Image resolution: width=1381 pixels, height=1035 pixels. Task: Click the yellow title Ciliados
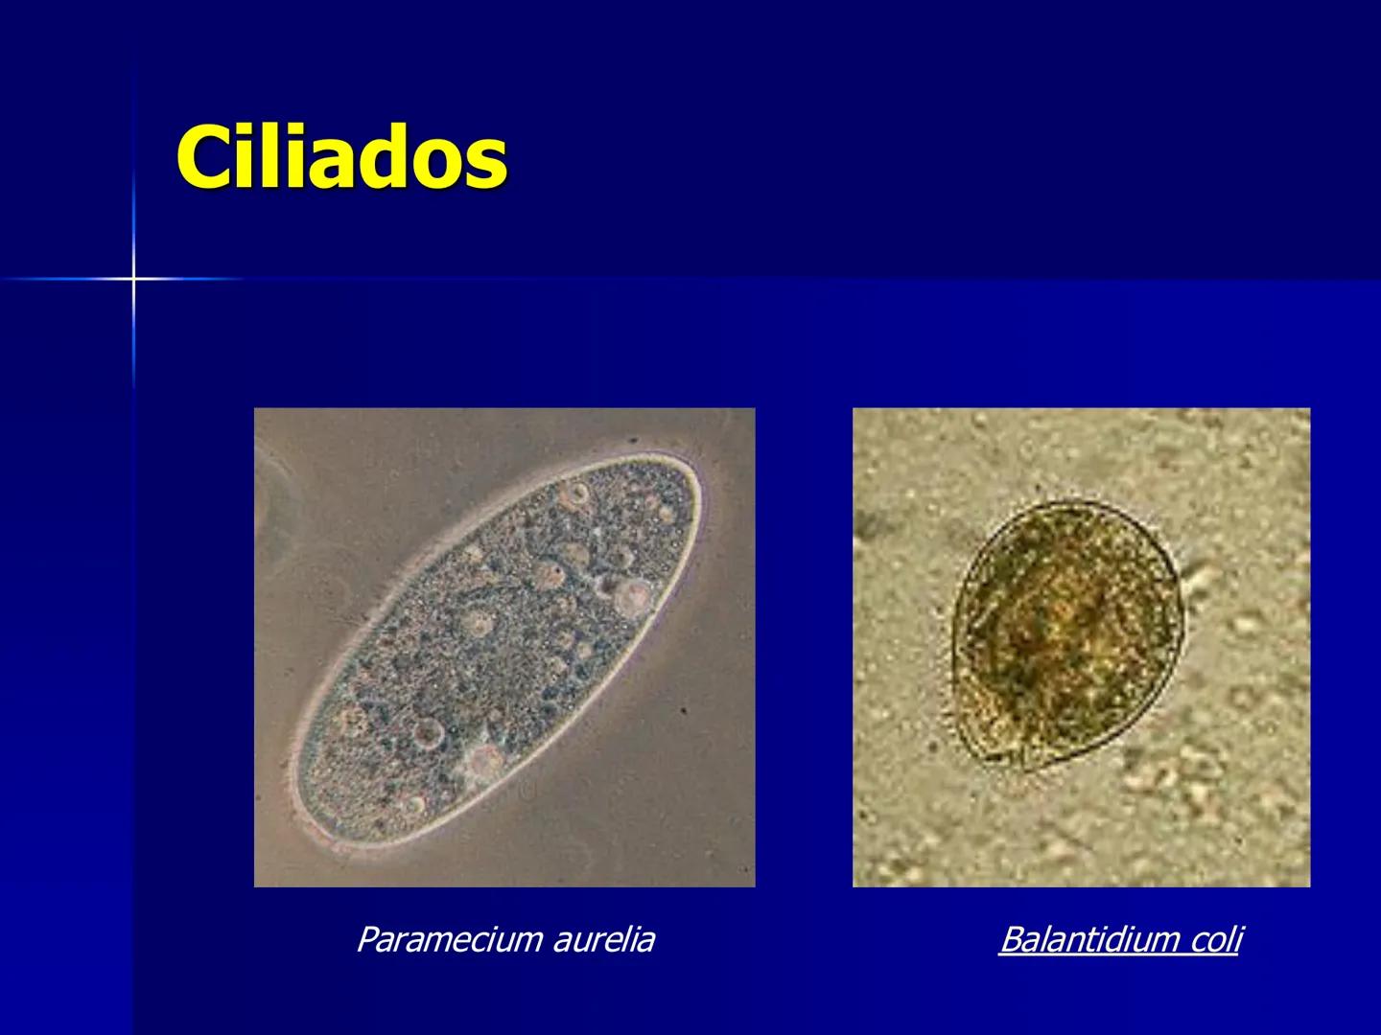(341, 157)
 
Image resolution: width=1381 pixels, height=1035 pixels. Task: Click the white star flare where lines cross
(134, 279)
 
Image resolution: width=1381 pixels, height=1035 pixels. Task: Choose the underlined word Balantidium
(1088, 940)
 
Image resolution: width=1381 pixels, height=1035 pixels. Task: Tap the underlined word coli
(1215, 940)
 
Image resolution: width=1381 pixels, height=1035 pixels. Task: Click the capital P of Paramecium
(365, 939)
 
